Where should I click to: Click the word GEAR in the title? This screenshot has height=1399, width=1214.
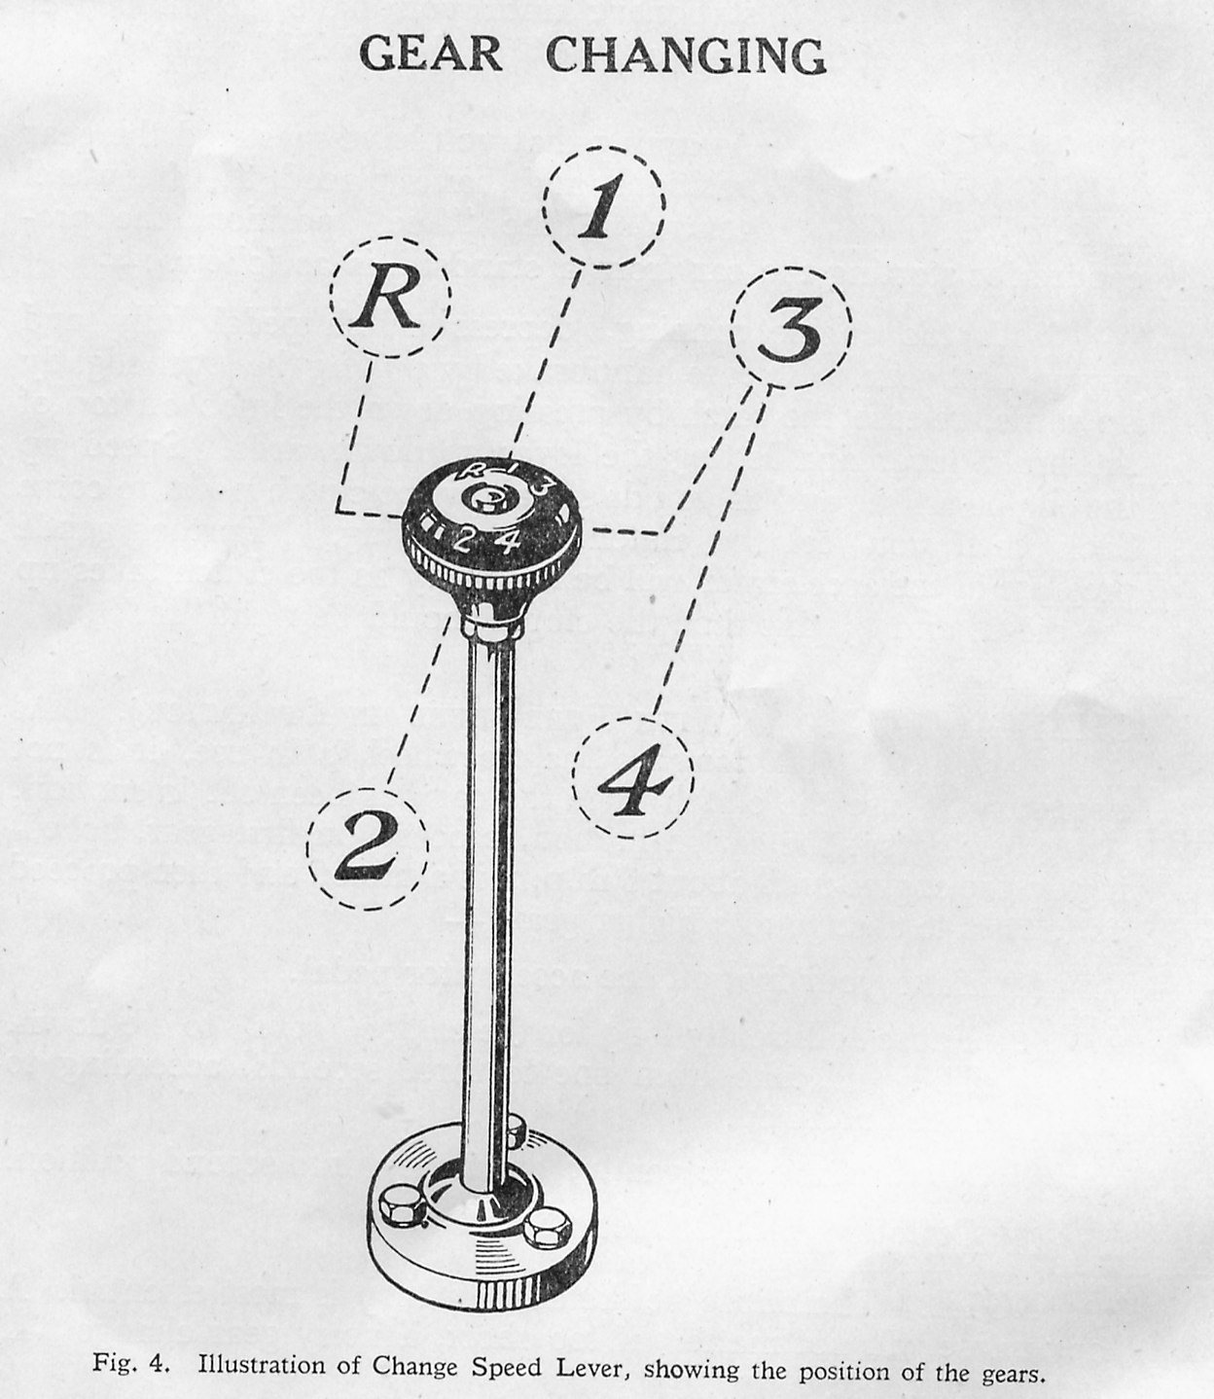pyautogui.click(x=431, y=54)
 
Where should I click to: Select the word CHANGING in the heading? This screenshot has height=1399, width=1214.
pyautogui.click(x=686, y=55)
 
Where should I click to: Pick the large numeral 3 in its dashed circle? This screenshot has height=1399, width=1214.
pyautogui.click(x=790, y=333)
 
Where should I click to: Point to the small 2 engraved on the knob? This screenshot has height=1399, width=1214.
pyautogui.click(x=461, y=542)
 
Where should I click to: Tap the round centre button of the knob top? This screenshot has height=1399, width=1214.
pyautogui.click(x=484, y=500)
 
